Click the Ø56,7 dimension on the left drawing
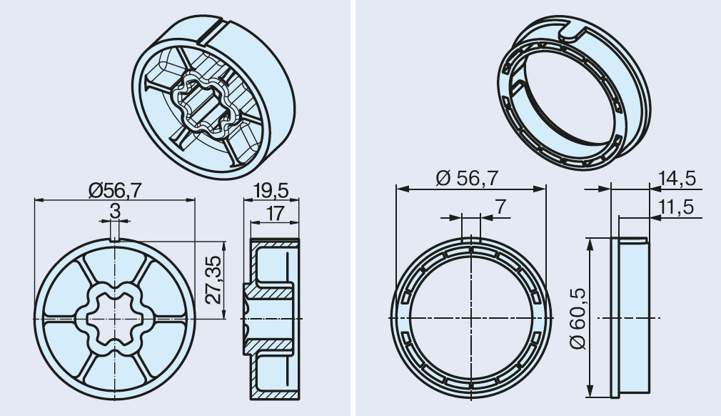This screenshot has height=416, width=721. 115,190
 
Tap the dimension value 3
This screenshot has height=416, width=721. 115,212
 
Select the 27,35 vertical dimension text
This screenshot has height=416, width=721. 214,279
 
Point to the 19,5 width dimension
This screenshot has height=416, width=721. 271,190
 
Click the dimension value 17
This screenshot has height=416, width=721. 275,214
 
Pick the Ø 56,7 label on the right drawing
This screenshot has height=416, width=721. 467,178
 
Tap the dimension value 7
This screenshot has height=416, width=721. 500,207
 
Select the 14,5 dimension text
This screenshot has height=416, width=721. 677,179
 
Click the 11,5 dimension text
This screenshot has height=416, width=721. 676,207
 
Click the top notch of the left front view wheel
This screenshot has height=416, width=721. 114,237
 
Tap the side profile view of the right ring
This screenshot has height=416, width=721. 630,317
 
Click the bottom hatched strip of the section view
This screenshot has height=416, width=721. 275,395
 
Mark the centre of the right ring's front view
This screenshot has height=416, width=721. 471,318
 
